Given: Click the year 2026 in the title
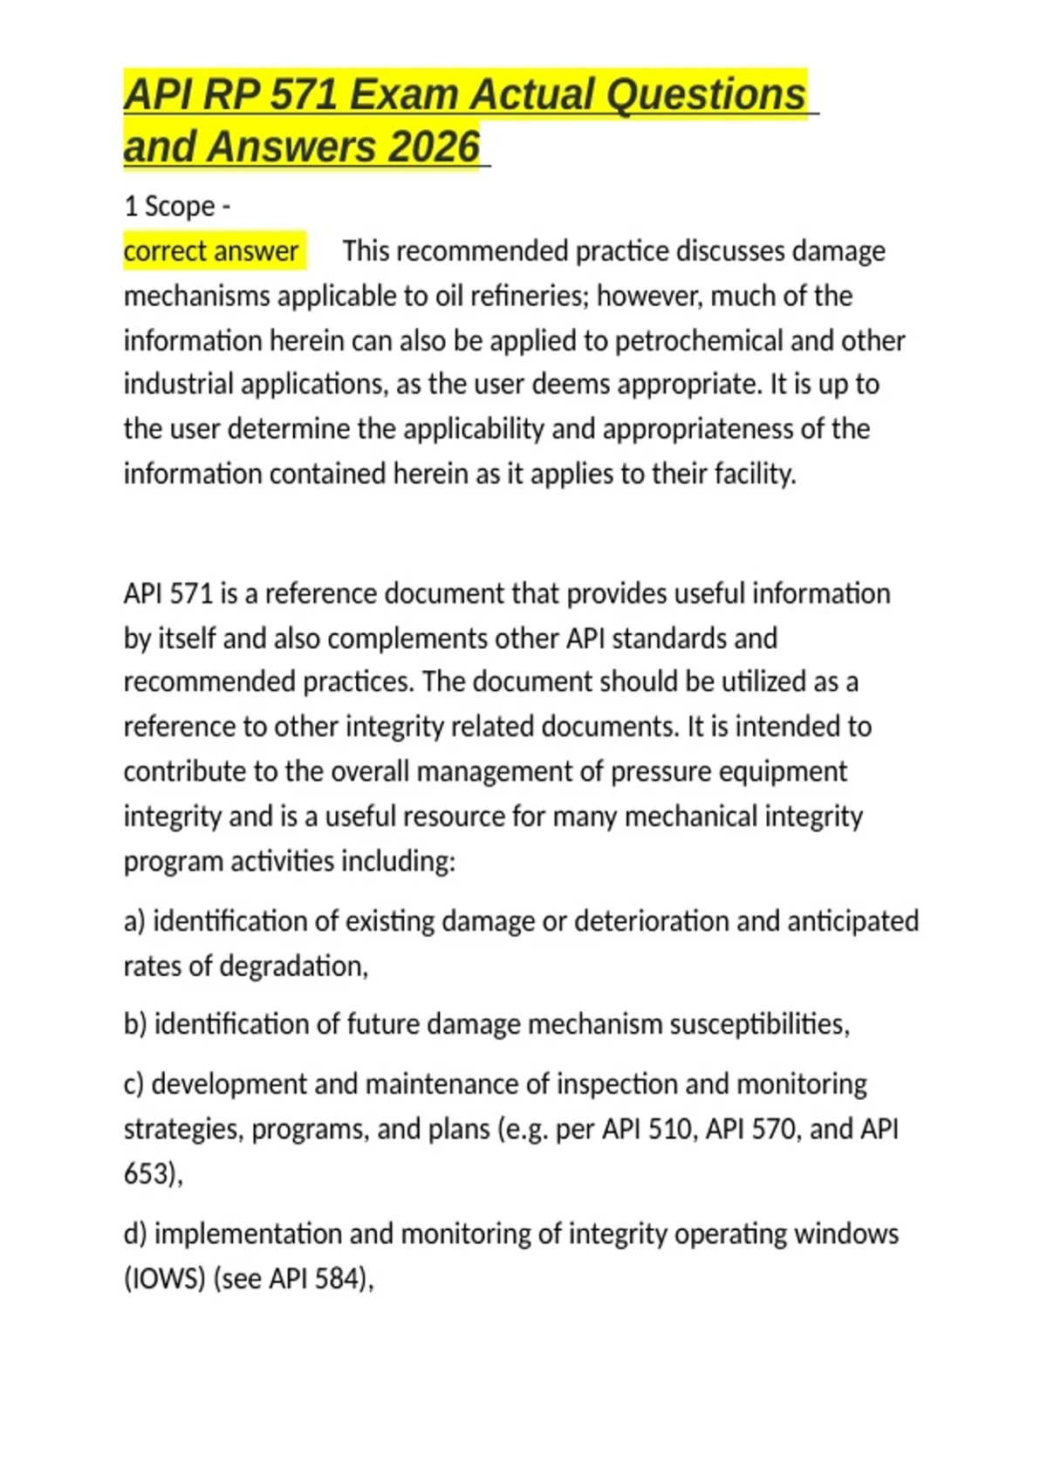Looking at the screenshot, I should (x=434, y=147).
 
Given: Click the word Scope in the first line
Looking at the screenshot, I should (x=180, y=207).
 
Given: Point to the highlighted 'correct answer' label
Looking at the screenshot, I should (x=211, y=251).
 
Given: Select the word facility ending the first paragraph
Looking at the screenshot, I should (x=755, y=474).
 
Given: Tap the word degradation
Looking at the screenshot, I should (x=293, y=967).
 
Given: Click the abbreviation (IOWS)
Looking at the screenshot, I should (x=164, y=1279).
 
